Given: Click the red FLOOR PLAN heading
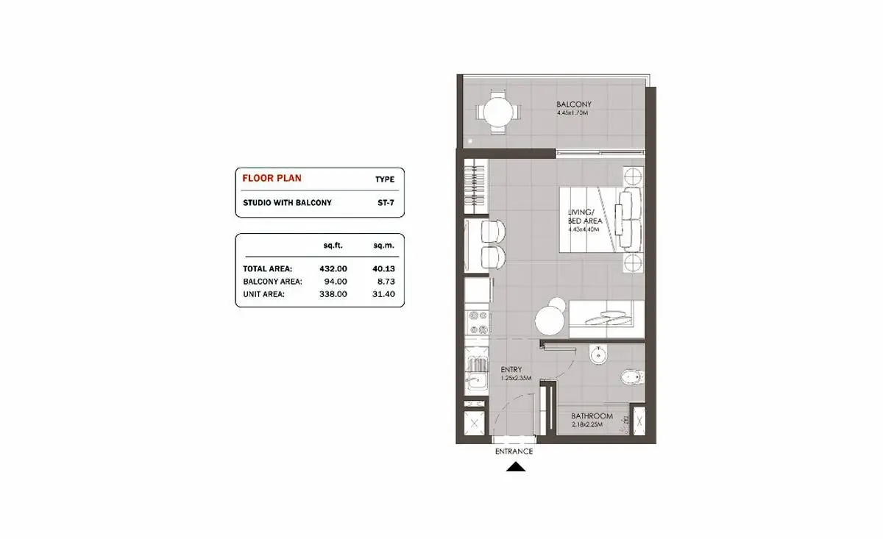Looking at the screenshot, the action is coord(272,178).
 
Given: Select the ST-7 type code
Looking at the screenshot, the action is coord(386,203).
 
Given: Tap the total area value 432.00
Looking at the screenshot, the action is coord(333,268).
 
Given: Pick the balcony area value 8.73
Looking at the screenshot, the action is coord(383,282).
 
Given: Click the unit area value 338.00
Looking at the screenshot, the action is coord(333,294).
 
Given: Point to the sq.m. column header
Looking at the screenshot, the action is coord(384,246).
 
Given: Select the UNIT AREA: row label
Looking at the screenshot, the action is coord(263,294).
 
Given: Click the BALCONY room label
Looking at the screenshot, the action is coord(574,104).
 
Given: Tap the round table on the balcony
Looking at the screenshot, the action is coord(498,113).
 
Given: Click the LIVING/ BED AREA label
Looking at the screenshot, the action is coord(585,216).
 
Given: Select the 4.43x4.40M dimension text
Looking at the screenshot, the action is coord(584,229).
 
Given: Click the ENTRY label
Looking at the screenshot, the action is coord(511,370).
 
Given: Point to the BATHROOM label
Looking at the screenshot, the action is coord(592,416).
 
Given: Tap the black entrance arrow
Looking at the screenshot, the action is coord(516,467).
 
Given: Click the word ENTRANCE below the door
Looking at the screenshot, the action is coord(514,451).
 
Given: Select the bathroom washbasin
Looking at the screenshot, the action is coord(598,354).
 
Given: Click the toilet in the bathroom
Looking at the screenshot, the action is coord(632,377).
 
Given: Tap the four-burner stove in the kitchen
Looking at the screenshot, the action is coord(478,322).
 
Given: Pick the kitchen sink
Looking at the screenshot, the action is coord(476,381).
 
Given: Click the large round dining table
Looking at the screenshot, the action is coord(550,321).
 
